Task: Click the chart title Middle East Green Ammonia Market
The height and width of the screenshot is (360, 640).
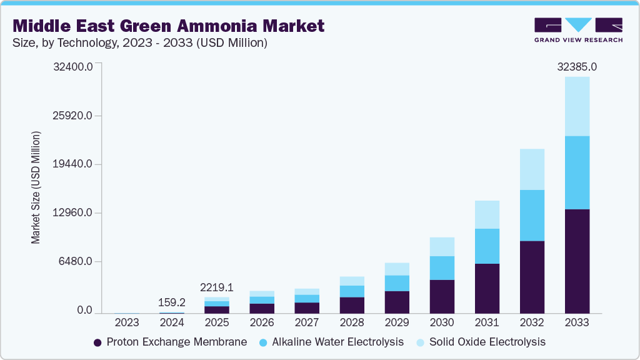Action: click(169, 26)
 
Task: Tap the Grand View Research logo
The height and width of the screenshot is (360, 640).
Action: click(578, 29)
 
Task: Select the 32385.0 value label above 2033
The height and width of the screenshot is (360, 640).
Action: click(576, 66)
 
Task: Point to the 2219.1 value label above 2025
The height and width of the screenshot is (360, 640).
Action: click(217, 287)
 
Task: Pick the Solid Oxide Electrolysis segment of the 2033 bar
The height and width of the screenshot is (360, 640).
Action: click(577, 106)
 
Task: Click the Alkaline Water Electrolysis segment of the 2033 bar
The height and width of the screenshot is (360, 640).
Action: click(577, 172)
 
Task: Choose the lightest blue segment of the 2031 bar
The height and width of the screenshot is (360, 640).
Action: click(487, 214)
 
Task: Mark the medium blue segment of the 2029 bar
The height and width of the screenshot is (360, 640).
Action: click(397, 283)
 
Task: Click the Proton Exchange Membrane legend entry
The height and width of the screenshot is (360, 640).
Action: click(170, 342)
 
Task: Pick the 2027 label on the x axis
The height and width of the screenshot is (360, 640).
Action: click(307, 323)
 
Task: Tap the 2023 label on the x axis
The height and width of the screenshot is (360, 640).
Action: click(127, 323)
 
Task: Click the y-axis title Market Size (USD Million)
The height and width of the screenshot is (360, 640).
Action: click(36, 187)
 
